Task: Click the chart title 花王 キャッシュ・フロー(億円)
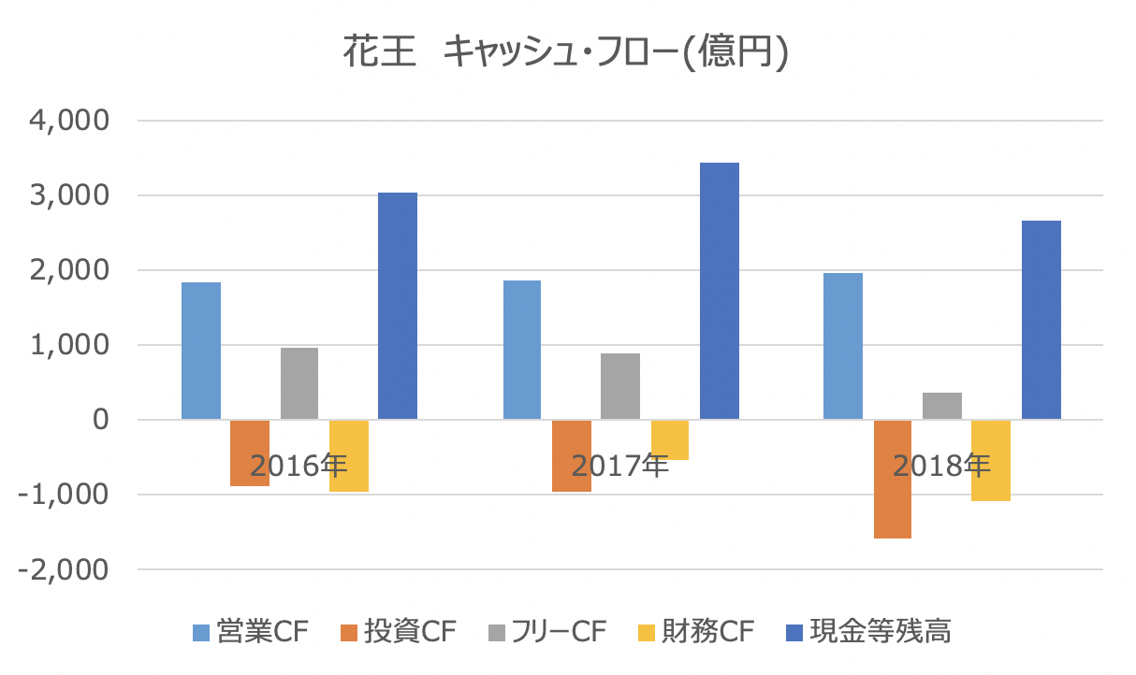[x=567, y=53]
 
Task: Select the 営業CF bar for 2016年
[x=201, y=351]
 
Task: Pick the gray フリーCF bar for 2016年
[x=299, y=383]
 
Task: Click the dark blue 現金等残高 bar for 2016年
[x=398, y=306]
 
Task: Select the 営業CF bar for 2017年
[x=522, y=350]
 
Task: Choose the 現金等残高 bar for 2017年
[x=719, y=291]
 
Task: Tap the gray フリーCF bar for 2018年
[x=942, y=406]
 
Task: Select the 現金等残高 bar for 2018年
[x=1041, y=320]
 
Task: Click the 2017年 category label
[x=619, y=465]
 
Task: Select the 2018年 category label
[x=941, y=465]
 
